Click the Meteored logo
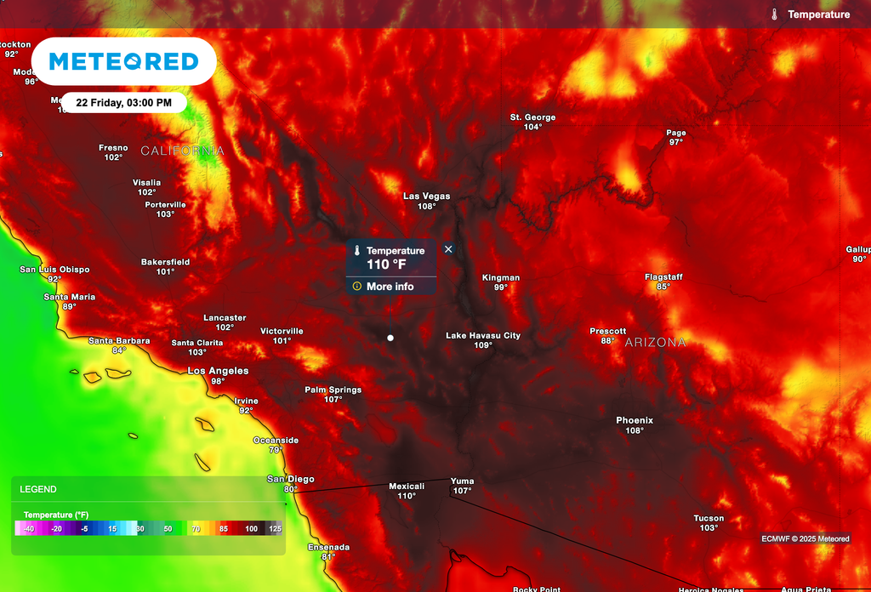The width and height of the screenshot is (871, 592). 123,61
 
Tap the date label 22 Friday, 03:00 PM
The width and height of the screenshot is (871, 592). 124,103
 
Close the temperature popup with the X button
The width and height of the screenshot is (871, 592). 448,249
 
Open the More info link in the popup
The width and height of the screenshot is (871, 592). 390,287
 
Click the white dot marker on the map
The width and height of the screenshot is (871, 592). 390,338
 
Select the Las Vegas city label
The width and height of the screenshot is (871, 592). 426,196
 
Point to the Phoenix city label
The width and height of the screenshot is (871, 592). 635,420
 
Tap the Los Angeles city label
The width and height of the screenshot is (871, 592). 218,371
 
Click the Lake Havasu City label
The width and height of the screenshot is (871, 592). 483,336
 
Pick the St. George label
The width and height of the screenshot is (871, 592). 532,117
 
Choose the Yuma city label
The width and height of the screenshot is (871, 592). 462,481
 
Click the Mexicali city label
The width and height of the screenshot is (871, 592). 407,487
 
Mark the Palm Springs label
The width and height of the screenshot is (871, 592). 333,390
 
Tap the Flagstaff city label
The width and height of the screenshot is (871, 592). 663,277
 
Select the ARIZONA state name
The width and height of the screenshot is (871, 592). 655,342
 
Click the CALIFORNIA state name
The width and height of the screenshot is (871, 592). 182,151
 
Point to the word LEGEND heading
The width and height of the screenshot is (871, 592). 38,490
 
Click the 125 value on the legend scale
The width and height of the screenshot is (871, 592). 275,528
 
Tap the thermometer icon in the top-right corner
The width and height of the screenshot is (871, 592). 775,14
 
